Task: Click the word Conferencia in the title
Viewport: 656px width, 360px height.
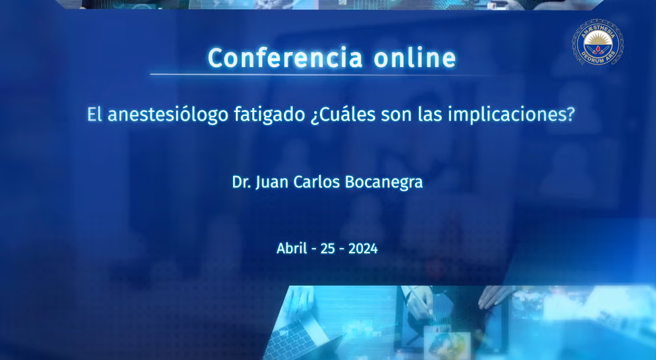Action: [x=285, y=58]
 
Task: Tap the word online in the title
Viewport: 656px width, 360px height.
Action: [x=414, y=58]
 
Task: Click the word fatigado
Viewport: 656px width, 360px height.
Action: [x=269, y=115]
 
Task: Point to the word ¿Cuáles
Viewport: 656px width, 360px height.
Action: [x=343, y=115]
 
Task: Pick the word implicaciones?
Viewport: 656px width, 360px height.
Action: [x=511, y=115]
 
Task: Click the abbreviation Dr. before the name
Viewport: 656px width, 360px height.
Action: [x=242, y=182]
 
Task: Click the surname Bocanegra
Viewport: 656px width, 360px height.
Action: [x=383, y=183]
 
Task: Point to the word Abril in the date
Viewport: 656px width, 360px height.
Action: [x=292, y=248]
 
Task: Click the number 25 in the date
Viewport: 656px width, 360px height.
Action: [x=327, y=249]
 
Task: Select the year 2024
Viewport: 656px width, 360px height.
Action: [x=363, y=249]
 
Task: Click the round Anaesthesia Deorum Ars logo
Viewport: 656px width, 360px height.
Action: [x=597, y=42]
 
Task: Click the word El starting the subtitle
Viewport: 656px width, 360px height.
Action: [x=95, y=115]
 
